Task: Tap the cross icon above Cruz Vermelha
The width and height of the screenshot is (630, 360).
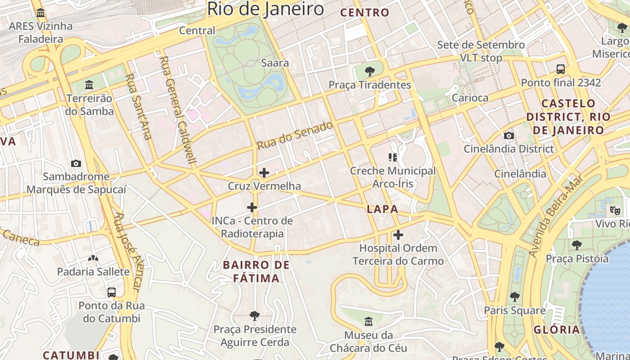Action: click(x=264, y=172)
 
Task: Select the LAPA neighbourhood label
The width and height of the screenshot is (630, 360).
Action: click(x=382, y=209)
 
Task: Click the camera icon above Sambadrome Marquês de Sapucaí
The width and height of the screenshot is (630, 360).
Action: click(x=76, y=163)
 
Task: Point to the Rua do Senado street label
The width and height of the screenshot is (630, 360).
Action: click(x=295, y=135)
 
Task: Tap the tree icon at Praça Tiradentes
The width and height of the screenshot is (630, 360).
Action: click(x=370, y=71)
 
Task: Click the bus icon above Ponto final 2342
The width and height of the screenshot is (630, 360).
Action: click(x=561, y=69)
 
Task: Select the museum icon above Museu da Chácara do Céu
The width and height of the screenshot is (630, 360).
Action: click(x=369, y=321)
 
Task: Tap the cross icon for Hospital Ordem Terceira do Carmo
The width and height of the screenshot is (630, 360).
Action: click(x=398, y=234)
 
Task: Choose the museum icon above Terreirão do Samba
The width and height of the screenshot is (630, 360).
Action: click(x=89, y=85)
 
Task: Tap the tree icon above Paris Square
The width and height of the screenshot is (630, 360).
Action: click(x=514, y=297)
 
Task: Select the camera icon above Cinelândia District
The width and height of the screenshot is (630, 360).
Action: click(x=509, y=135)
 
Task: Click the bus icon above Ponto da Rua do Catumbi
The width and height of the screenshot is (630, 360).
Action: click(x=112, y=292)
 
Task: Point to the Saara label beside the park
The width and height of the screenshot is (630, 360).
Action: click(x=274, y=63)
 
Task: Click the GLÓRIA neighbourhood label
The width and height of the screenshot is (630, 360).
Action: click(x=557, y=329)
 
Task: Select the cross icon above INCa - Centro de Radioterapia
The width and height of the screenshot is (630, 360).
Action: click(x=252, y=207)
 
